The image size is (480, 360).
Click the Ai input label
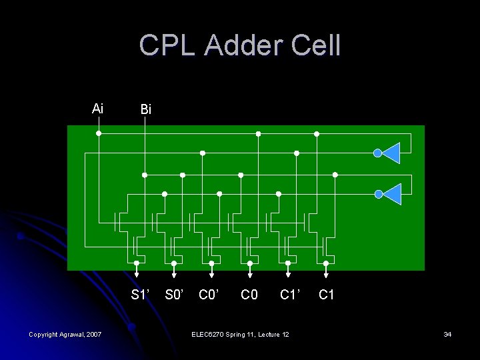(x=97, y=108)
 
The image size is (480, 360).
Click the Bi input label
(x=145, y=109)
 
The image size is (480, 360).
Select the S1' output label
(x=140, y=295)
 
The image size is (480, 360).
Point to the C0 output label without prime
(x=249, y=295)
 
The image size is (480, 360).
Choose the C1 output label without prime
(x=326, y=295)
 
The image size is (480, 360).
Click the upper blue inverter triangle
(x=391, y=153)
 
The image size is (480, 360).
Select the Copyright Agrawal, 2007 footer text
(x=65, y=333)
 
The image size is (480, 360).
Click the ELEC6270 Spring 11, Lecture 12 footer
(x=240, y=333)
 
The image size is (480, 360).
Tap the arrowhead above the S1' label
(x=136, y=273)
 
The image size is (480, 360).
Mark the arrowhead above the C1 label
(x=326, y=273)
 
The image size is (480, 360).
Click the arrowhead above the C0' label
(x=212, y=273)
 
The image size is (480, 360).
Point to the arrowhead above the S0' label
(x=174, y=273)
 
